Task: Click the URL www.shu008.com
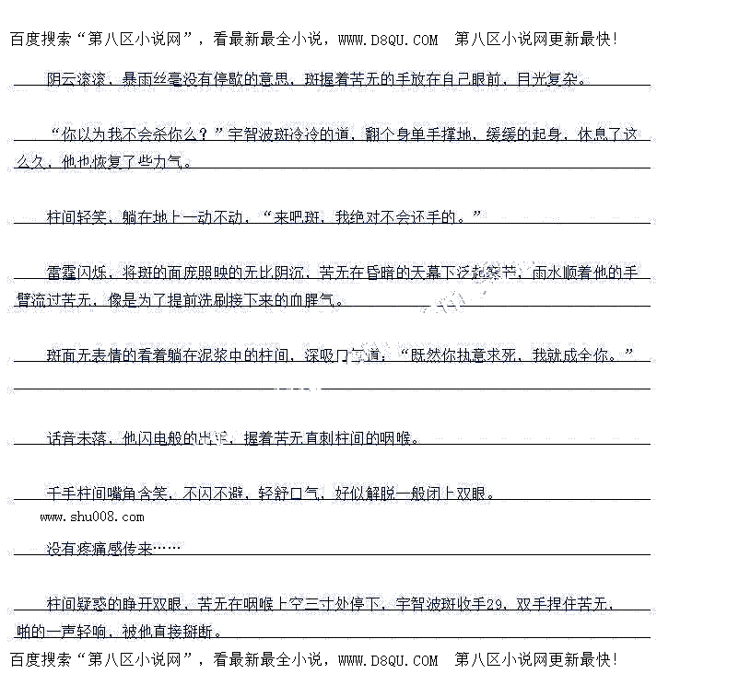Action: click(91, 517)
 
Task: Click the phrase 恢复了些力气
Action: click(143, 162)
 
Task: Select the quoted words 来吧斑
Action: click(298, 217)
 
